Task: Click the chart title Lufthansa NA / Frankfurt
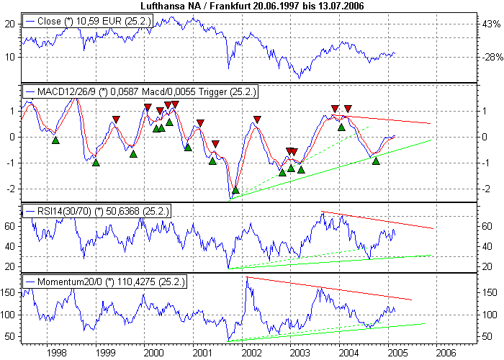click(252, 6)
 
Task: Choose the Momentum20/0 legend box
click(104, 282)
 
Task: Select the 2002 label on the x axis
click(251, 353)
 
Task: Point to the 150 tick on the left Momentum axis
click(10, 292)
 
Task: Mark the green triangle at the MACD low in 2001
click(235, 191)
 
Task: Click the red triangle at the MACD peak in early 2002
click(257, 120)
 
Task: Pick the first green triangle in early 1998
click(55, 140)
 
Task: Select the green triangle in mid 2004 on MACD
click(376, 161)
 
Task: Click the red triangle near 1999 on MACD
click(116, 120)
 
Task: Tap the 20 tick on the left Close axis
click(10, 24)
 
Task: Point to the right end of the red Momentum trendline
click(411, 299)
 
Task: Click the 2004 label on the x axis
click(348, 353)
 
